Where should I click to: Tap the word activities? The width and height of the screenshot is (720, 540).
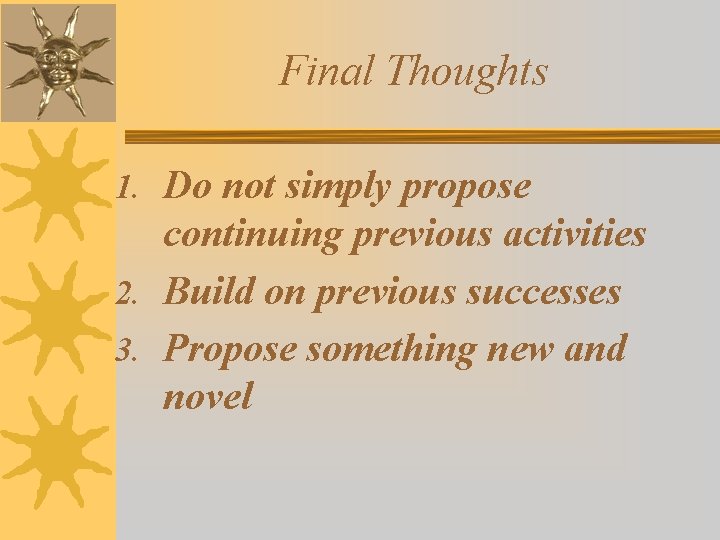[575, 235]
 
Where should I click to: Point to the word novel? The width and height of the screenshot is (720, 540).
[208, 398]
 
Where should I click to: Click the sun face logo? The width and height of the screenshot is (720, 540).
[58, 61]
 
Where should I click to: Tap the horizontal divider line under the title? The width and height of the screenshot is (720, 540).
[420, 136]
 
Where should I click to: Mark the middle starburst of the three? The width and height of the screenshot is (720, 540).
[58, 320]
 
